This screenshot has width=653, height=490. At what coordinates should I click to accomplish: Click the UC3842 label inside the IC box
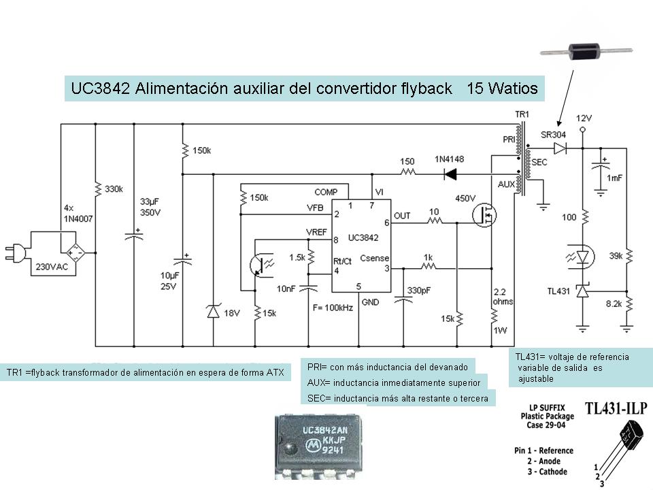coord(363,238)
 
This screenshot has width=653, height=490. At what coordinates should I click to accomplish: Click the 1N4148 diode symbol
coord(450,174)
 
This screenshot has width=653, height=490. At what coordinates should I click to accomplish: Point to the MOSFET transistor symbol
coord(486,216)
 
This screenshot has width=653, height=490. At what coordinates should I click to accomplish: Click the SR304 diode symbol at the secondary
coord(560,148)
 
